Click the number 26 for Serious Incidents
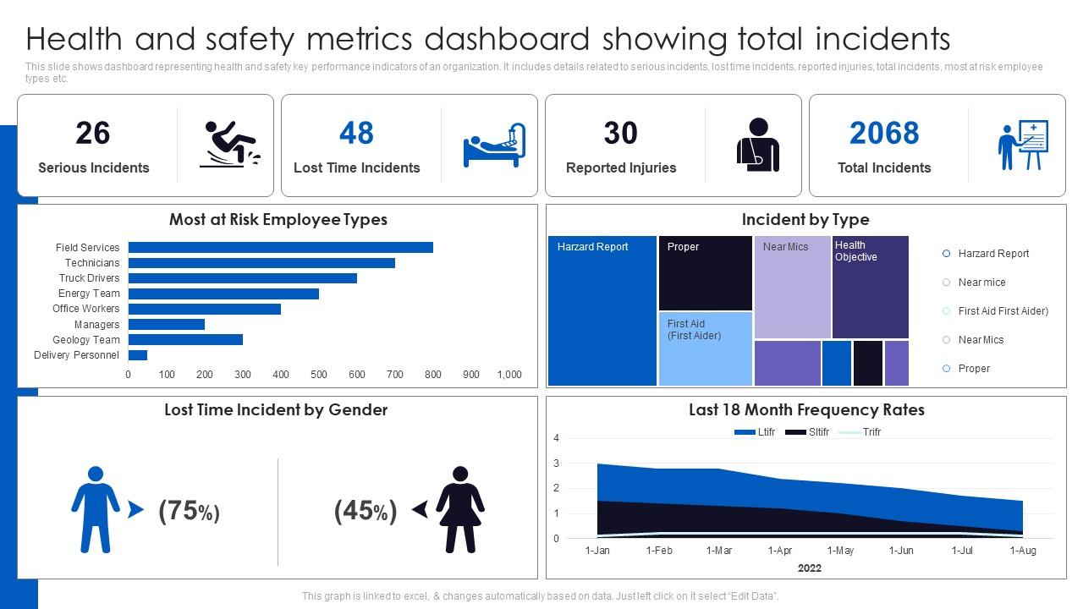pyautogui.click(x=93, y=134)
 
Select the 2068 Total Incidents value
pyautogui.click(x=883, y=134)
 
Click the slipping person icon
pyautogui.click(x=230, y=144)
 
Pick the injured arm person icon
pyautogui.click(x=757, y=145)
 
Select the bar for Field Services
pyautogui.click(x=280, y=248)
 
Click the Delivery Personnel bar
pyautogui.click(x=137, y=355)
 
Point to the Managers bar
pyautogui.click(x=166, y=325)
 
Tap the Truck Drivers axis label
pyautogui.click(x=89, y=278)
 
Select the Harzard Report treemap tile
pyautogui.click(x=602, y=311)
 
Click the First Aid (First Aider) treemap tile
pyautogui.click(x=705, y=348)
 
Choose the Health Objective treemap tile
pyautogui.click(x=870, y=288)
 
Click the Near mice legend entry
pyautogui.click(x=981, y=283)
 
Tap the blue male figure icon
pyautogui.click(x=96, y=509)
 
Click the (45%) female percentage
pyautogui.click(x=366, y=511)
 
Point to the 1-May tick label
pyautogui.click(x=840, y=551)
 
